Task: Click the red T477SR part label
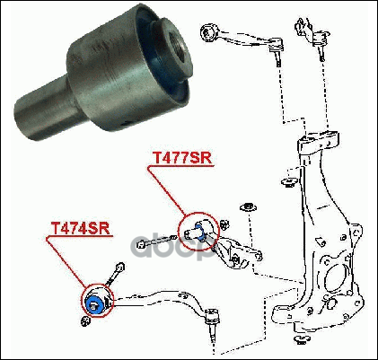(182, 158)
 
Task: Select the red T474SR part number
(80, 229)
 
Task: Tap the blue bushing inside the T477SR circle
(199, 231)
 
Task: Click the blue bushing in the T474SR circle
(94, 303)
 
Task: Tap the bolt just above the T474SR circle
(116, 273)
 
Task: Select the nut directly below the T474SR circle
(85, 321)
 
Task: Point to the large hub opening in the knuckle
(336, 281)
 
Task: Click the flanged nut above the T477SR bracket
(249, 207)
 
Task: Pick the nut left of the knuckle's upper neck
(288, 181)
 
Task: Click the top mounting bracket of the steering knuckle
(318, 142)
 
